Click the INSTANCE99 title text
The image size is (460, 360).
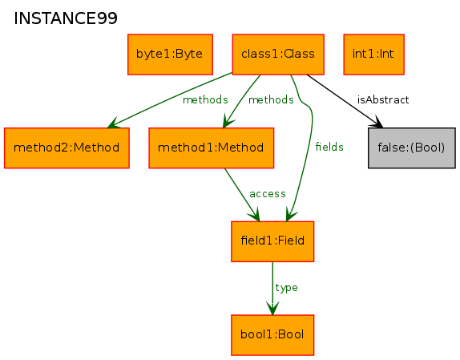click(66, 18)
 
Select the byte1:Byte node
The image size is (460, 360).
click(170, 55)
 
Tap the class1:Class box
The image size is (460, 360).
click(278, 55)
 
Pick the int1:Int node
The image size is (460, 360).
click(374, 55)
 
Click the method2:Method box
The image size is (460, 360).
click(67, 148)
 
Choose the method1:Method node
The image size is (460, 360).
click(212, 148)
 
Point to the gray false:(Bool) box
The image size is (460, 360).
click(412, 148)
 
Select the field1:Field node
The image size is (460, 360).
click(272, 241)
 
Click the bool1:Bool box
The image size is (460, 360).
click(272, 335)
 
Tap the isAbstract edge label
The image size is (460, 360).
click(383, 100)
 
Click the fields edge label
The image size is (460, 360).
click(329, 147)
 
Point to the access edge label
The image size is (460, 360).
click(268, 194)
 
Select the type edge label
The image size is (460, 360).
click(286, 288)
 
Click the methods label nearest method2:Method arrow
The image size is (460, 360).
click(205, 100)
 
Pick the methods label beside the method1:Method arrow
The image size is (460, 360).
click(271, 100)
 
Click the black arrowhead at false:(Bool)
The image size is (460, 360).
click(377, 123)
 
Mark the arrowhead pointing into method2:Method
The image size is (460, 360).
click(114, 123)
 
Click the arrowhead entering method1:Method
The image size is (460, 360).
click(228, 121)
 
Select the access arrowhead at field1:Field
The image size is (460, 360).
click(254, 214)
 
